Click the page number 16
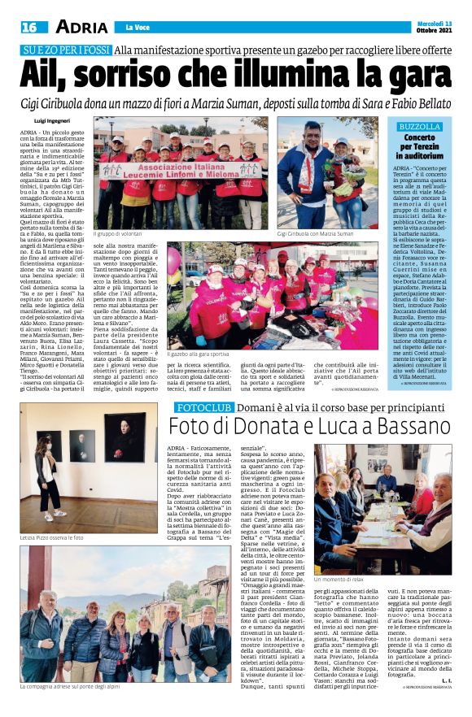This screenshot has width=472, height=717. (29, 27)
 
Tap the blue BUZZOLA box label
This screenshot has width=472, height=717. (419, 127)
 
